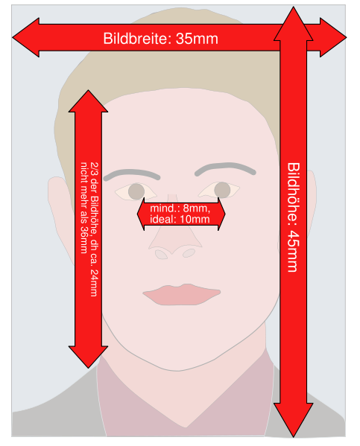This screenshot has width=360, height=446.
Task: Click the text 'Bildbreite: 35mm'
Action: [161, 39]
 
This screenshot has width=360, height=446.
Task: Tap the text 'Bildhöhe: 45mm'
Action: [293, 217]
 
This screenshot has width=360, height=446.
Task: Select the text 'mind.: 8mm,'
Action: [180, 208]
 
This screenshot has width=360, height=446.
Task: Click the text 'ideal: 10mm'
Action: [180, 220]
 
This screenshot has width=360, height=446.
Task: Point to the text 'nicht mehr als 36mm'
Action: [83, 208]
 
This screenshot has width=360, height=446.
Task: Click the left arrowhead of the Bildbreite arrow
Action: [25, 37]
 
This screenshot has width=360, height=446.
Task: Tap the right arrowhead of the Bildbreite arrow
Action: [333, 37]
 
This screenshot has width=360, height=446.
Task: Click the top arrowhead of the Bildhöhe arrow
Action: [294, 24]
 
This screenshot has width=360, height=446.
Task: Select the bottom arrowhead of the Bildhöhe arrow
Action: [294, 419]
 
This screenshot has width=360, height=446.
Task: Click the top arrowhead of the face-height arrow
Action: [88, 101]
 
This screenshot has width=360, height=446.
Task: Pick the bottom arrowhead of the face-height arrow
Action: [88, 357]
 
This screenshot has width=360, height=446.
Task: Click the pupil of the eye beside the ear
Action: [136, 191]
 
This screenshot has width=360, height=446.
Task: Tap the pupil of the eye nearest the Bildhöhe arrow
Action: [222, 190]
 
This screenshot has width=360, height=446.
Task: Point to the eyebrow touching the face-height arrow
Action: [132, 175]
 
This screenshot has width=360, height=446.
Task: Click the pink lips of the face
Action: [182, 294]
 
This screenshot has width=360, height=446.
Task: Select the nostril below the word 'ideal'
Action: [189, 253]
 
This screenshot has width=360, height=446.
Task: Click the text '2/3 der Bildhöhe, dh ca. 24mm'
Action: [94, 229]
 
